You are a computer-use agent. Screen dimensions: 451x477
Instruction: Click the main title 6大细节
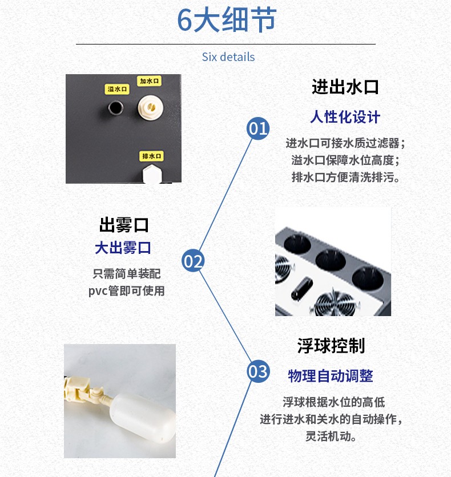coord(227,20)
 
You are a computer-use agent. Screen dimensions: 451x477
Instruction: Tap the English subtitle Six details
coord(228,57)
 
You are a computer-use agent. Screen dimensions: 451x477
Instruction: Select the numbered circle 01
coord(258,128)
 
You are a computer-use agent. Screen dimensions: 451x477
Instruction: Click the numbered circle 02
coord(193,260)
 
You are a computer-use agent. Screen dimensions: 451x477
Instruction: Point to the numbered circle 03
coord(258,371)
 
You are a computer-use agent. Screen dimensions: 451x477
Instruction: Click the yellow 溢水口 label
coord(117,89)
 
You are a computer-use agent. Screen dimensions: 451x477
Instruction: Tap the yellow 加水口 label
coord(149,81)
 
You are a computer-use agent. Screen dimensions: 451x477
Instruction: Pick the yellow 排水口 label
coord(151,156)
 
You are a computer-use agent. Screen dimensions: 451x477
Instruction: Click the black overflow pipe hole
coord(116,108)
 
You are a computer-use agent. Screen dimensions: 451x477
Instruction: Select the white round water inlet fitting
coord(150,107)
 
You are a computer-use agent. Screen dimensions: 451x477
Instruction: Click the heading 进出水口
coord(345,87)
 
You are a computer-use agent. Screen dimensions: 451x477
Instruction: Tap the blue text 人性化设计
coord(345,117)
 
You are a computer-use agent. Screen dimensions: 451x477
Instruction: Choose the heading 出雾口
coord(124,225)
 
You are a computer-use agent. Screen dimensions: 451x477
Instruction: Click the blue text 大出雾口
coord(123,248)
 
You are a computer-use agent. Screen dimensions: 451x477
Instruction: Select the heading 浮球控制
coord(331,346)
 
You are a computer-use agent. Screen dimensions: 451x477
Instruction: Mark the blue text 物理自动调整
coord(331,375)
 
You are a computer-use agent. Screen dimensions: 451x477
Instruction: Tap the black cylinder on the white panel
coord(302,288)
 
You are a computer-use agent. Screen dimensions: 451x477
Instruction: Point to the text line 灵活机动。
coord(331,436)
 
